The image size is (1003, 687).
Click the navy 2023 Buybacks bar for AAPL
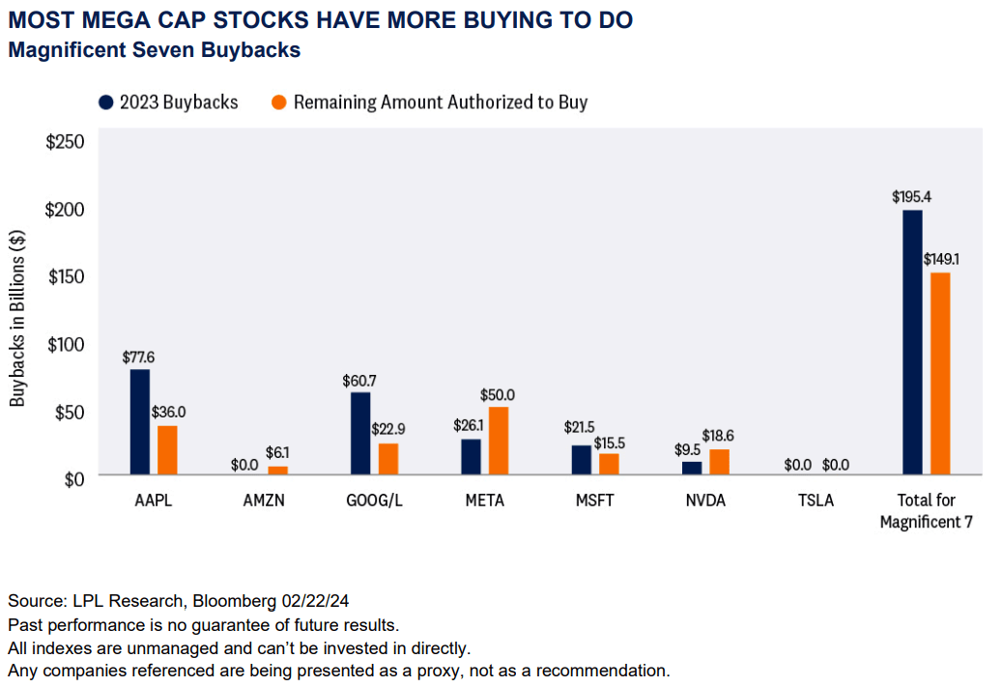point(140,422)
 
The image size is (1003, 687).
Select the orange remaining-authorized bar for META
point(498,441)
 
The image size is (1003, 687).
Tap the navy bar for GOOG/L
point(360,434)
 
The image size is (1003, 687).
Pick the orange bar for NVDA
point(719,462)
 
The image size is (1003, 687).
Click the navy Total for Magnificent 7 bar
point(911,343)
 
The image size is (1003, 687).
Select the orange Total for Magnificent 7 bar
point(939,374)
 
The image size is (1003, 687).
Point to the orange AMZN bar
point(277,471)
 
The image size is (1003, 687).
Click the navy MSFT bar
point(581,460)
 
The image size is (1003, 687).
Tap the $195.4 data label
point(911,197)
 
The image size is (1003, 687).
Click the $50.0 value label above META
point(498,394)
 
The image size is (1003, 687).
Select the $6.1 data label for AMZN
point(277,452)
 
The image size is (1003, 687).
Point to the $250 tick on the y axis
point(66,142)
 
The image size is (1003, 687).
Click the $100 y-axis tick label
point(66,344)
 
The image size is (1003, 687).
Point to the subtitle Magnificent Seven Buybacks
point(154,50)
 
